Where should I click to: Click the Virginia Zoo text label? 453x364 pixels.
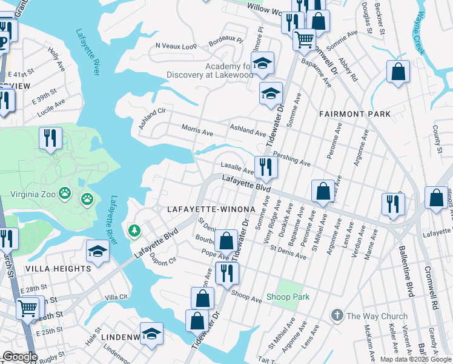pos(33,195)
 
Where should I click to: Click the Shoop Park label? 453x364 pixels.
pos(288,297)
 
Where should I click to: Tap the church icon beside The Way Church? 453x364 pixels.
pos(337,315)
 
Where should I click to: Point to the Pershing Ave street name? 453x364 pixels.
pos(291,159)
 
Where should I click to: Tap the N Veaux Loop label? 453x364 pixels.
pos(176,45)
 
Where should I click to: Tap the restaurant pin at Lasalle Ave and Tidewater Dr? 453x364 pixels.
pos(266,166)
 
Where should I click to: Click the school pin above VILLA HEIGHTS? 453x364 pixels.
pos(98,251)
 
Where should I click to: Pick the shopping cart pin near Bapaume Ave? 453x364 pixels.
pos(303,40)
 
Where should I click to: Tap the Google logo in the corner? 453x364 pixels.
pos(19,356)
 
